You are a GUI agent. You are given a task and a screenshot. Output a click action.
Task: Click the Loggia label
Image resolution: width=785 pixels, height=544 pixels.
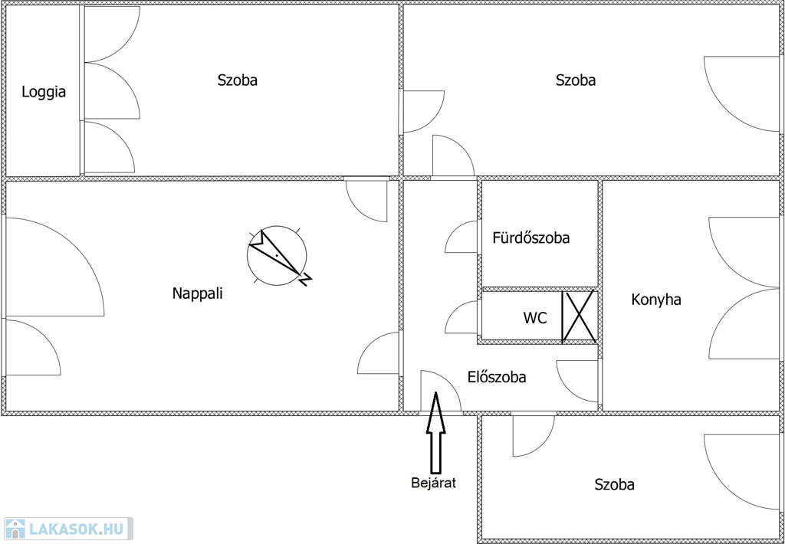(44, 92)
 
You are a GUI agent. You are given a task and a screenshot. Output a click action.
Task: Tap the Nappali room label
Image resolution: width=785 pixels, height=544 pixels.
(197, 293)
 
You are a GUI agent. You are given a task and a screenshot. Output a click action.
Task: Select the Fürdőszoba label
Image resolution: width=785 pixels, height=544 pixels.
(531, 238)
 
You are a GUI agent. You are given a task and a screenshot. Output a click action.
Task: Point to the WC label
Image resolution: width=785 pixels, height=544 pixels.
(535, 318)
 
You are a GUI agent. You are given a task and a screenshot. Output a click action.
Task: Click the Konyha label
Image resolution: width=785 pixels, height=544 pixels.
(656, 300)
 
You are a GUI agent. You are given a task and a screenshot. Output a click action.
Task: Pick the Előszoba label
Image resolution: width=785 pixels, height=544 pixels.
(497, 376)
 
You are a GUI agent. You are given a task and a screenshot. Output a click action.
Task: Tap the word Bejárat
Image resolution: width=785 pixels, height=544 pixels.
(434, 483)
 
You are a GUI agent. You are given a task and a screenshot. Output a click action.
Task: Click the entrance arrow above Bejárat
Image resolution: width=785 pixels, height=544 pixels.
(435, 432)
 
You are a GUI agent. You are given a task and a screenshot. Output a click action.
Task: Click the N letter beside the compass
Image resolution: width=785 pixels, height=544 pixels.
(304, 280)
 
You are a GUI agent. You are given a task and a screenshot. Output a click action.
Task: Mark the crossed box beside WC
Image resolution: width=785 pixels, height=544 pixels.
(580, 316)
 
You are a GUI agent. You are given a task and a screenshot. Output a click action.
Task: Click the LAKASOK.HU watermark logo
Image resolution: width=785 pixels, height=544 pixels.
(67, 529)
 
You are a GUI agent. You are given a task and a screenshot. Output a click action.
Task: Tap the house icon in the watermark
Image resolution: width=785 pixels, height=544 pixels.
(15, 529)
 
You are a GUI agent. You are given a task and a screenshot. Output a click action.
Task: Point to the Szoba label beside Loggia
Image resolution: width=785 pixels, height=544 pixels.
(238, 80)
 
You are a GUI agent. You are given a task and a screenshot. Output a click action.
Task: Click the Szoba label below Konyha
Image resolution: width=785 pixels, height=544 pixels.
(615, 484)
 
